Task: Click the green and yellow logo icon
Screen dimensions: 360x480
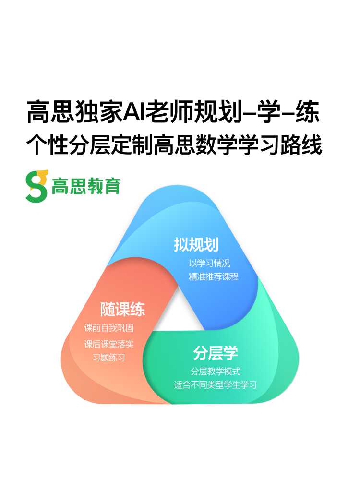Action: point(37,186)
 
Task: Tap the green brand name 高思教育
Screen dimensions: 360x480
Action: point(86,186)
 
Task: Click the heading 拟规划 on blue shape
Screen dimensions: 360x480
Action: point(196,245)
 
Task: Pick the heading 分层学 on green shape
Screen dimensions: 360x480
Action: point(216,353)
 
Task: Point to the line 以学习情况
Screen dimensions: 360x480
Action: point(210,264)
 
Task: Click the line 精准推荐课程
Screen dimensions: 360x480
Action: point(214,277)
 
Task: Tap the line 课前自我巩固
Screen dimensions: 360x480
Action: point(109,328)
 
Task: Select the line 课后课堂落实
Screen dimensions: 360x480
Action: point(109,344)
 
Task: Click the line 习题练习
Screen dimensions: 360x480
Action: point(109,358)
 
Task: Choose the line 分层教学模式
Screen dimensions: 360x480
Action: point(216,371)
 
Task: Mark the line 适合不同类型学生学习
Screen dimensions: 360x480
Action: point(216,385)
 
